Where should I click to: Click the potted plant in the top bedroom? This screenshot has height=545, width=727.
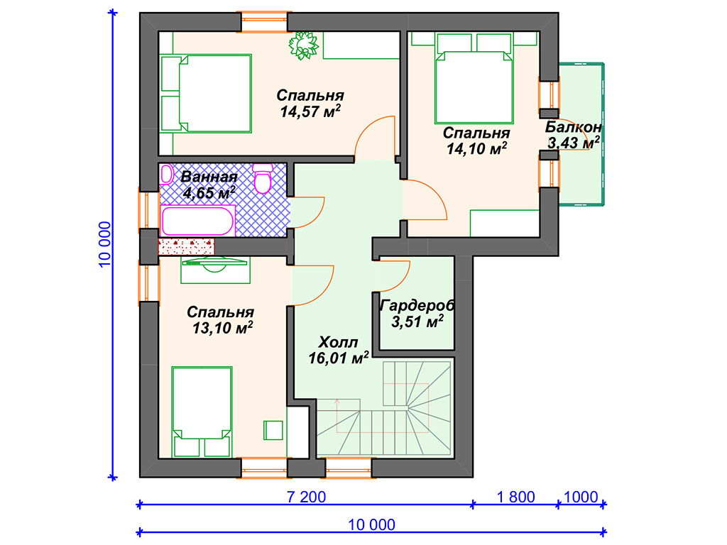304,45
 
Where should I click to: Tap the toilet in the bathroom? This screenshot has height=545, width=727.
263,178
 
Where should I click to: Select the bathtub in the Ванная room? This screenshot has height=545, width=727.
198,221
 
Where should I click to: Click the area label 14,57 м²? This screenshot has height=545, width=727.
310,111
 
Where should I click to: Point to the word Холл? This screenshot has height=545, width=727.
338,343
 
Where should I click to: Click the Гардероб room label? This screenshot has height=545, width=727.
417,305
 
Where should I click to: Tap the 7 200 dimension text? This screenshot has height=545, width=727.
306,497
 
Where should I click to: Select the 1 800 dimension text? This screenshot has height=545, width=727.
515,497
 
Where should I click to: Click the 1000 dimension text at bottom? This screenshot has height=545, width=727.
581,497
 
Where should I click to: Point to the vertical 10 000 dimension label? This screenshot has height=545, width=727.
105,244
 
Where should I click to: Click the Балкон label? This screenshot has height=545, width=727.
574,126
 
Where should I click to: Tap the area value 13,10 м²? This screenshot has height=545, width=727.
222,328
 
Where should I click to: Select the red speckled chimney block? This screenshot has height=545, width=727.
187,246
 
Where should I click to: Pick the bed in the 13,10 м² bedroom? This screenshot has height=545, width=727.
202,412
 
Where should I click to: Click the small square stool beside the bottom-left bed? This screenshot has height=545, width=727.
273,430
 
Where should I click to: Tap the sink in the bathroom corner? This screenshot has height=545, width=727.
166,175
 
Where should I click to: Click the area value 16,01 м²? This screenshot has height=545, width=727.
339,358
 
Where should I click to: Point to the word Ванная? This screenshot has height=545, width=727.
209,177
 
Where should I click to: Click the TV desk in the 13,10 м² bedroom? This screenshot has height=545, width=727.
215,270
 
